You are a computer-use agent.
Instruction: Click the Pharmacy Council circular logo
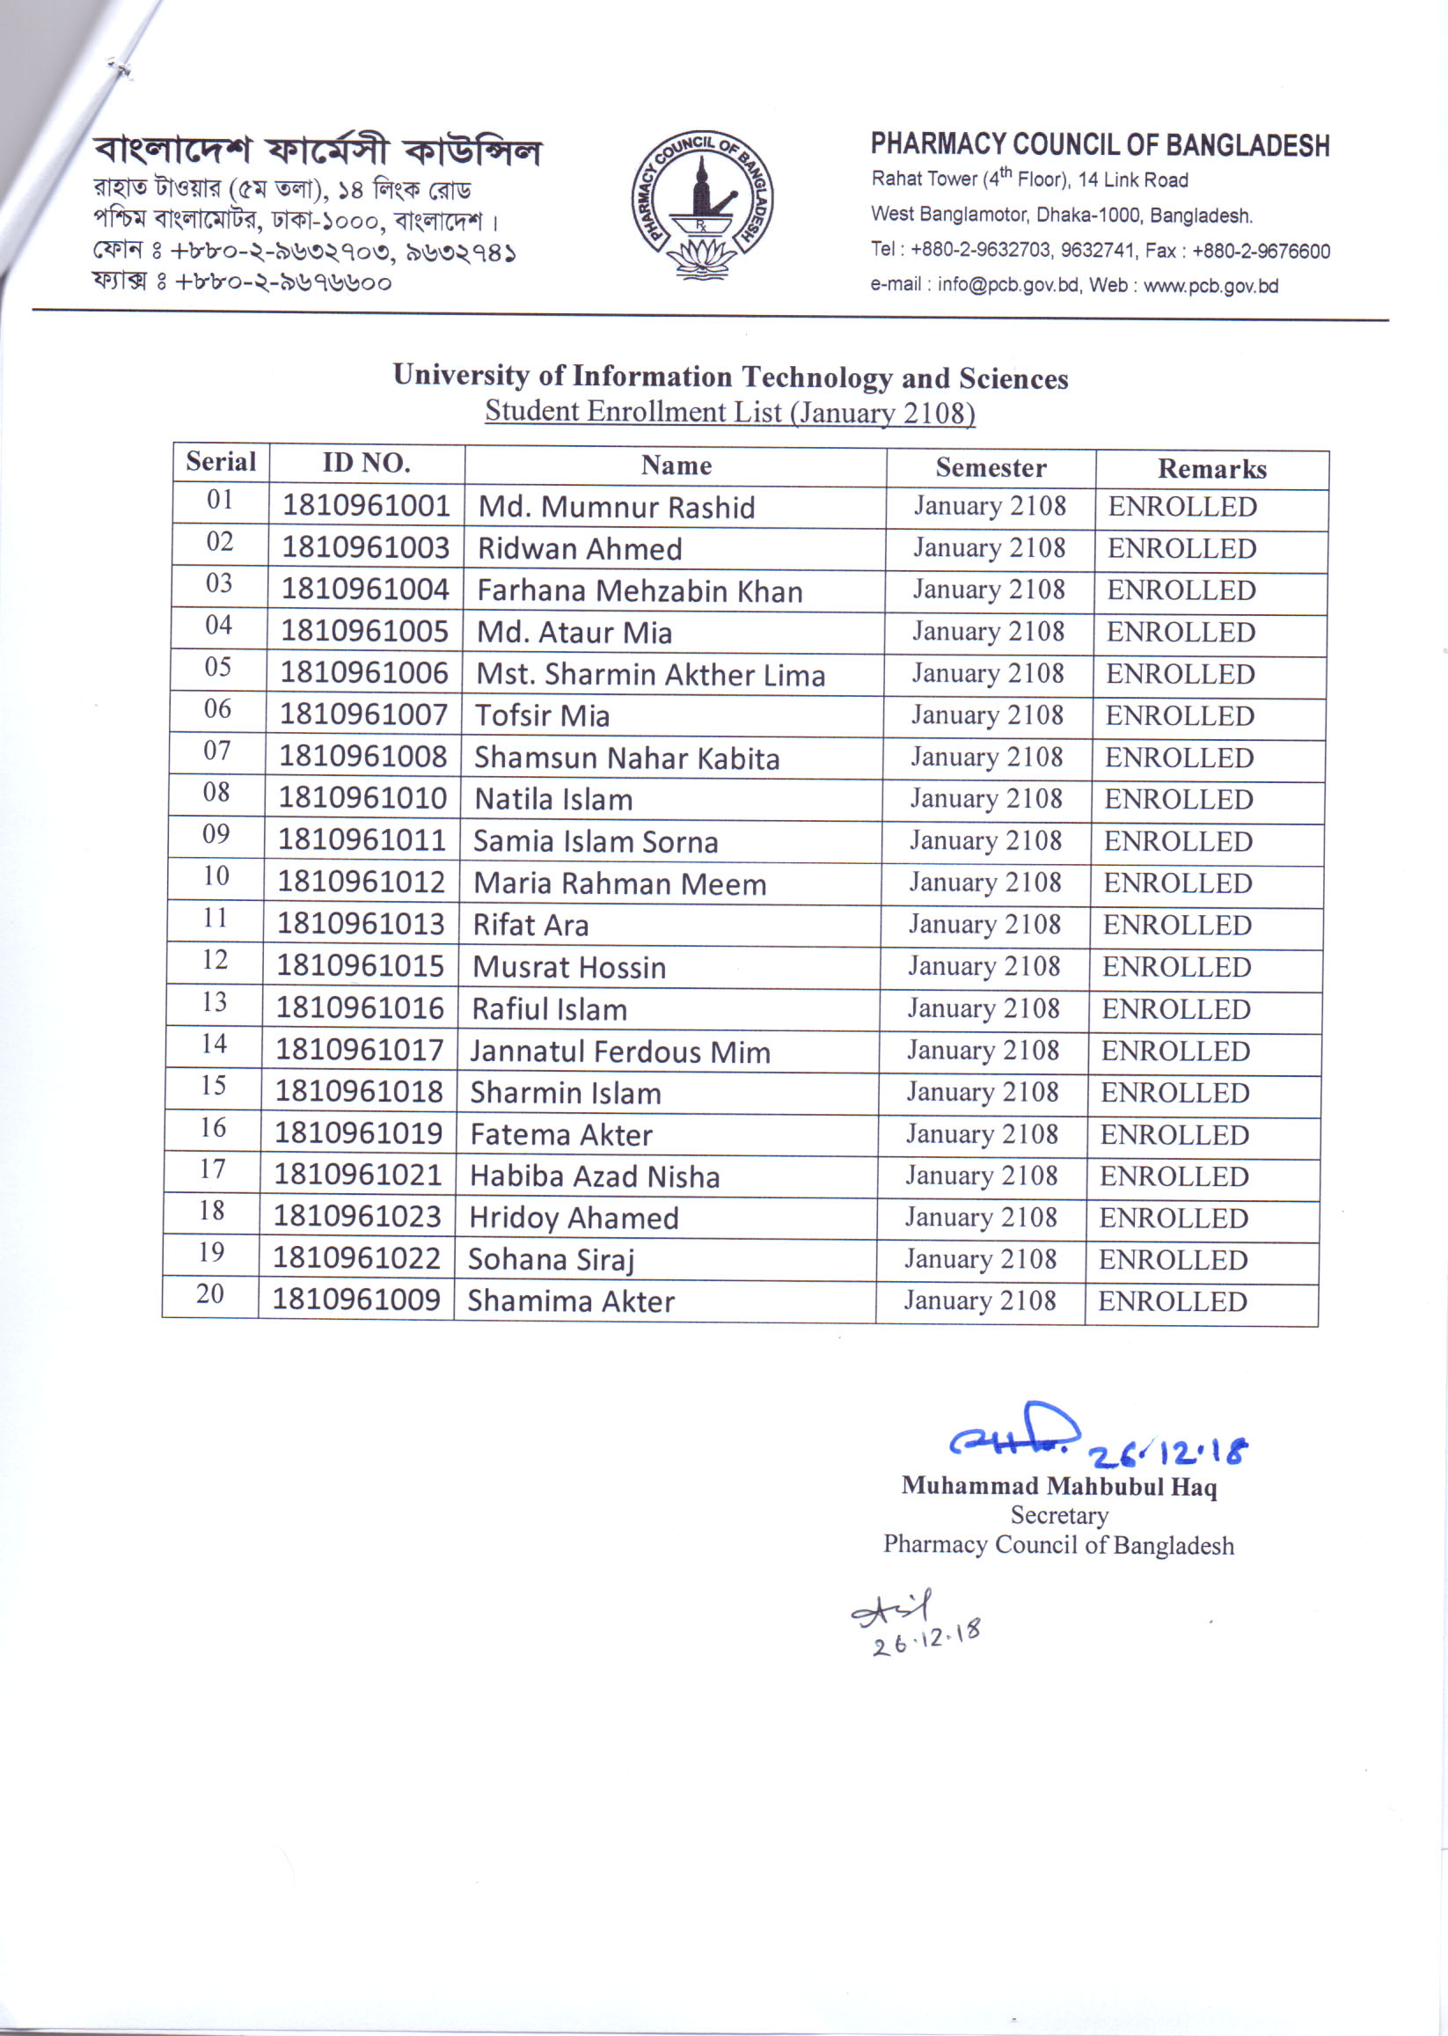pos(702,204)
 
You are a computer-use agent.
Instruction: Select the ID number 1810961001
pos(366,506)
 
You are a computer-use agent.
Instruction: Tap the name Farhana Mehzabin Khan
pos(640,590)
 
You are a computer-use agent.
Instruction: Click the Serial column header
pos(220,462)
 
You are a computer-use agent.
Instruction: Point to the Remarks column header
pos(1210,469)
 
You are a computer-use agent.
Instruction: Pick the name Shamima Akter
pos(571,1301)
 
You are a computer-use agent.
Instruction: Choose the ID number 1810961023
pos(356,1217)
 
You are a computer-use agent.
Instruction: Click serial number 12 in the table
pos(215,960)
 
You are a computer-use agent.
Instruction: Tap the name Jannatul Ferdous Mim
pos(619,1051)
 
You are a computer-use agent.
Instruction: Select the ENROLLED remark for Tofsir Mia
pos(1179,715)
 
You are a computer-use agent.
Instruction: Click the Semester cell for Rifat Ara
pos(984,924)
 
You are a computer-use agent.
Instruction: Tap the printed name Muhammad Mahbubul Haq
pos(1058,1486)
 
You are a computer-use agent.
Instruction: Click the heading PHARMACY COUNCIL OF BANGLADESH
pos(1100,144)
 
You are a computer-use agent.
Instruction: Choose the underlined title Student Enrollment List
pos(729,412)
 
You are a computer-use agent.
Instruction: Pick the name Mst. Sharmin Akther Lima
pos(650,674)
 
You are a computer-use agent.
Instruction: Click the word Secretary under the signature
pos(1058,1515)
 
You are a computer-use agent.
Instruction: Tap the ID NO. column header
pos(366,463)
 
